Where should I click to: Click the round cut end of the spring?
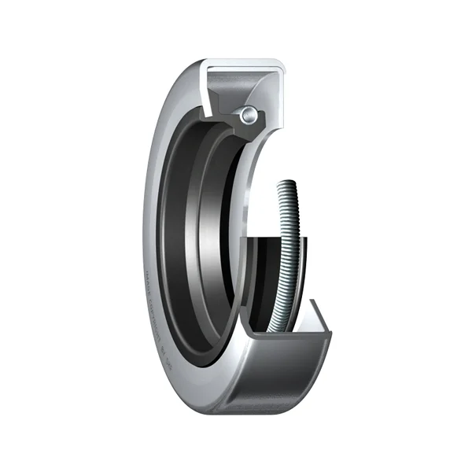click(249, 116)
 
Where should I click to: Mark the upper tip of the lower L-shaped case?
click(316, 303)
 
